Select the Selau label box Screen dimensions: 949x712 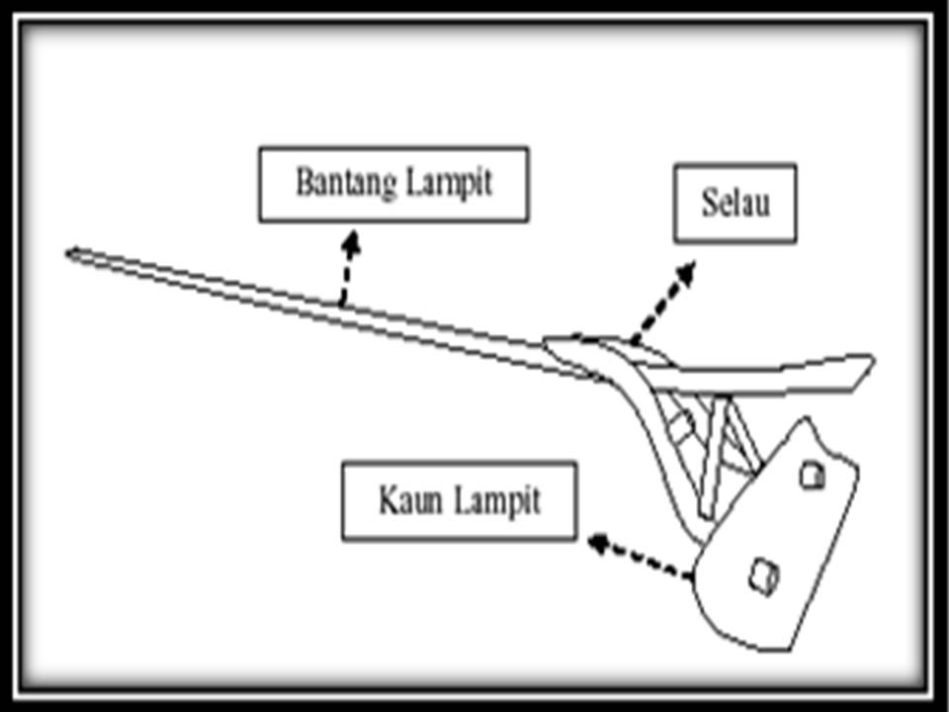tap(734, 203)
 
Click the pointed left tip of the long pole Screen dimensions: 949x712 tap(69, 254)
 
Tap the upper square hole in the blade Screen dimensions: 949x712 tap(813, 477)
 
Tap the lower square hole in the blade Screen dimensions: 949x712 tap(762, 575)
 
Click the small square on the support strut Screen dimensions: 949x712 tap(679, 425)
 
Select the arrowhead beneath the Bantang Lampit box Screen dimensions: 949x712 tap(350, 241)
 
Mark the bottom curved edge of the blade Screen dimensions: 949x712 tap(751, 643)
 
